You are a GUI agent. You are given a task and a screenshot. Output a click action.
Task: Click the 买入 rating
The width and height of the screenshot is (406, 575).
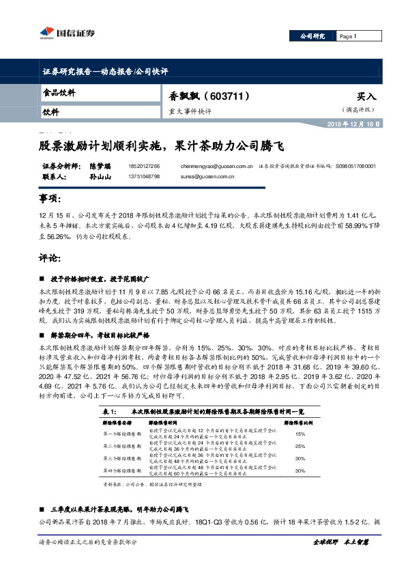366,97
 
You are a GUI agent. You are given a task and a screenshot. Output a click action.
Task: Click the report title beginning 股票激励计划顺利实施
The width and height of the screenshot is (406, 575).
160,145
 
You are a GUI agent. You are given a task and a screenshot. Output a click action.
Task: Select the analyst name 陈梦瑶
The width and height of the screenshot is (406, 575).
81,166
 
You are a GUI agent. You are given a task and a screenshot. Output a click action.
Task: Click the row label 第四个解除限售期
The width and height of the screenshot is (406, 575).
113,471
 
